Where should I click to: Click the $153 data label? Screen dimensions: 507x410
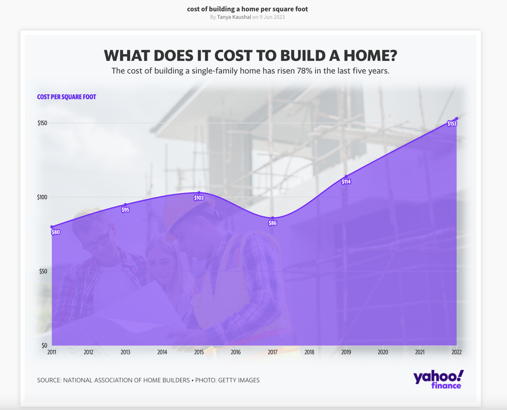452,123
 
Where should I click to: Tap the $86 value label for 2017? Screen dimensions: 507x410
273,223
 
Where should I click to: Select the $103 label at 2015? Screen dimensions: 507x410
199,198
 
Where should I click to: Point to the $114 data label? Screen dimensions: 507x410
346,182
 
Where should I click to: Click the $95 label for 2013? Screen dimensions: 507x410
125,210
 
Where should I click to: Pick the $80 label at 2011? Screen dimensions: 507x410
56,232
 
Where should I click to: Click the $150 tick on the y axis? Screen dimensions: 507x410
42,123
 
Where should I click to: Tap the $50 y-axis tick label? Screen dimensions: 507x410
43,271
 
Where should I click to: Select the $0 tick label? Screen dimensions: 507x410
44,345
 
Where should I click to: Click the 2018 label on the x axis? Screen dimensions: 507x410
309,352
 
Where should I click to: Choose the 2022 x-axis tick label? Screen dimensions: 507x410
457,352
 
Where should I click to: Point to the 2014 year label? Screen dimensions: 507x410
162,352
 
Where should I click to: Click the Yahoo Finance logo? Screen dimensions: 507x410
439,379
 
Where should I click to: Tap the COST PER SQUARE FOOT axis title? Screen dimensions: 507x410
67,97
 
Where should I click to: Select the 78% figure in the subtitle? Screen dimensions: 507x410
304,71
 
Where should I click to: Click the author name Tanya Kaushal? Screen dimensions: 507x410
234,17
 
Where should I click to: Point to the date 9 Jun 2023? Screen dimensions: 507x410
272,17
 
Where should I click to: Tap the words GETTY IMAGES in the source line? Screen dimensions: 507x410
239,380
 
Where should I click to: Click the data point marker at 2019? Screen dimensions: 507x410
346,176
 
